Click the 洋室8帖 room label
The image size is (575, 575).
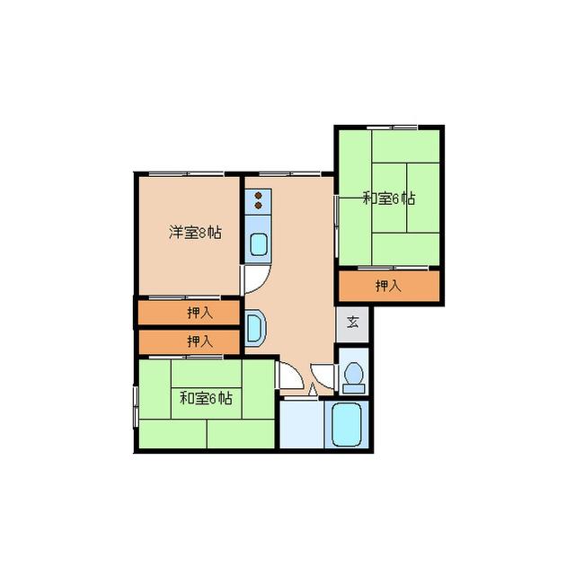(195, 233)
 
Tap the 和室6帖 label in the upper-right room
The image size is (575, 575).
(389, 199)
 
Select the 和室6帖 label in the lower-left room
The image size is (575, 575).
(206, 398)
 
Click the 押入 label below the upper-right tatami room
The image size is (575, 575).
(388, 286)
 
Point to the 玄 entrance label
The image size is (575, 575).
(352, 323)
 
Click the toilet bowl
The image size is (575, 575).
(354, 372)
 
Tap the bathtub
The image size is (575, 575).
(347, 425)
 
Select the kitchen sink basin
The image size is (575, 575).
(259, 243)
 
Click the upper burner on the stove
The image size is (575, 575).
(258, 196)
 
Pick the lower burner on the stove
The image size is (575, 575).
(258, 206)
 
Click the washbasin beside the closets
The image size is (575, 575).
(255, 327)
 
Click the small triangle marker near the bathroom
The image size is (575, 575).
(313, 389)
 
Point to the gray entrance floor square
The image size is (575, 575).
(352, 324)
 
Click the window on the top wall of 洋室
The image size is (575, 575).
(186, 173)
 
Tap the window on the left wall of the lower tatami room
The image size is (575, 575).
(136, 406)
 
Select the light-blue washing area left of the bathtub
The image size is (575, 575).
(302, 425)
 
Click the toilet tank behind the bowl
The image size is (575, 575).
(354, 388)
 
